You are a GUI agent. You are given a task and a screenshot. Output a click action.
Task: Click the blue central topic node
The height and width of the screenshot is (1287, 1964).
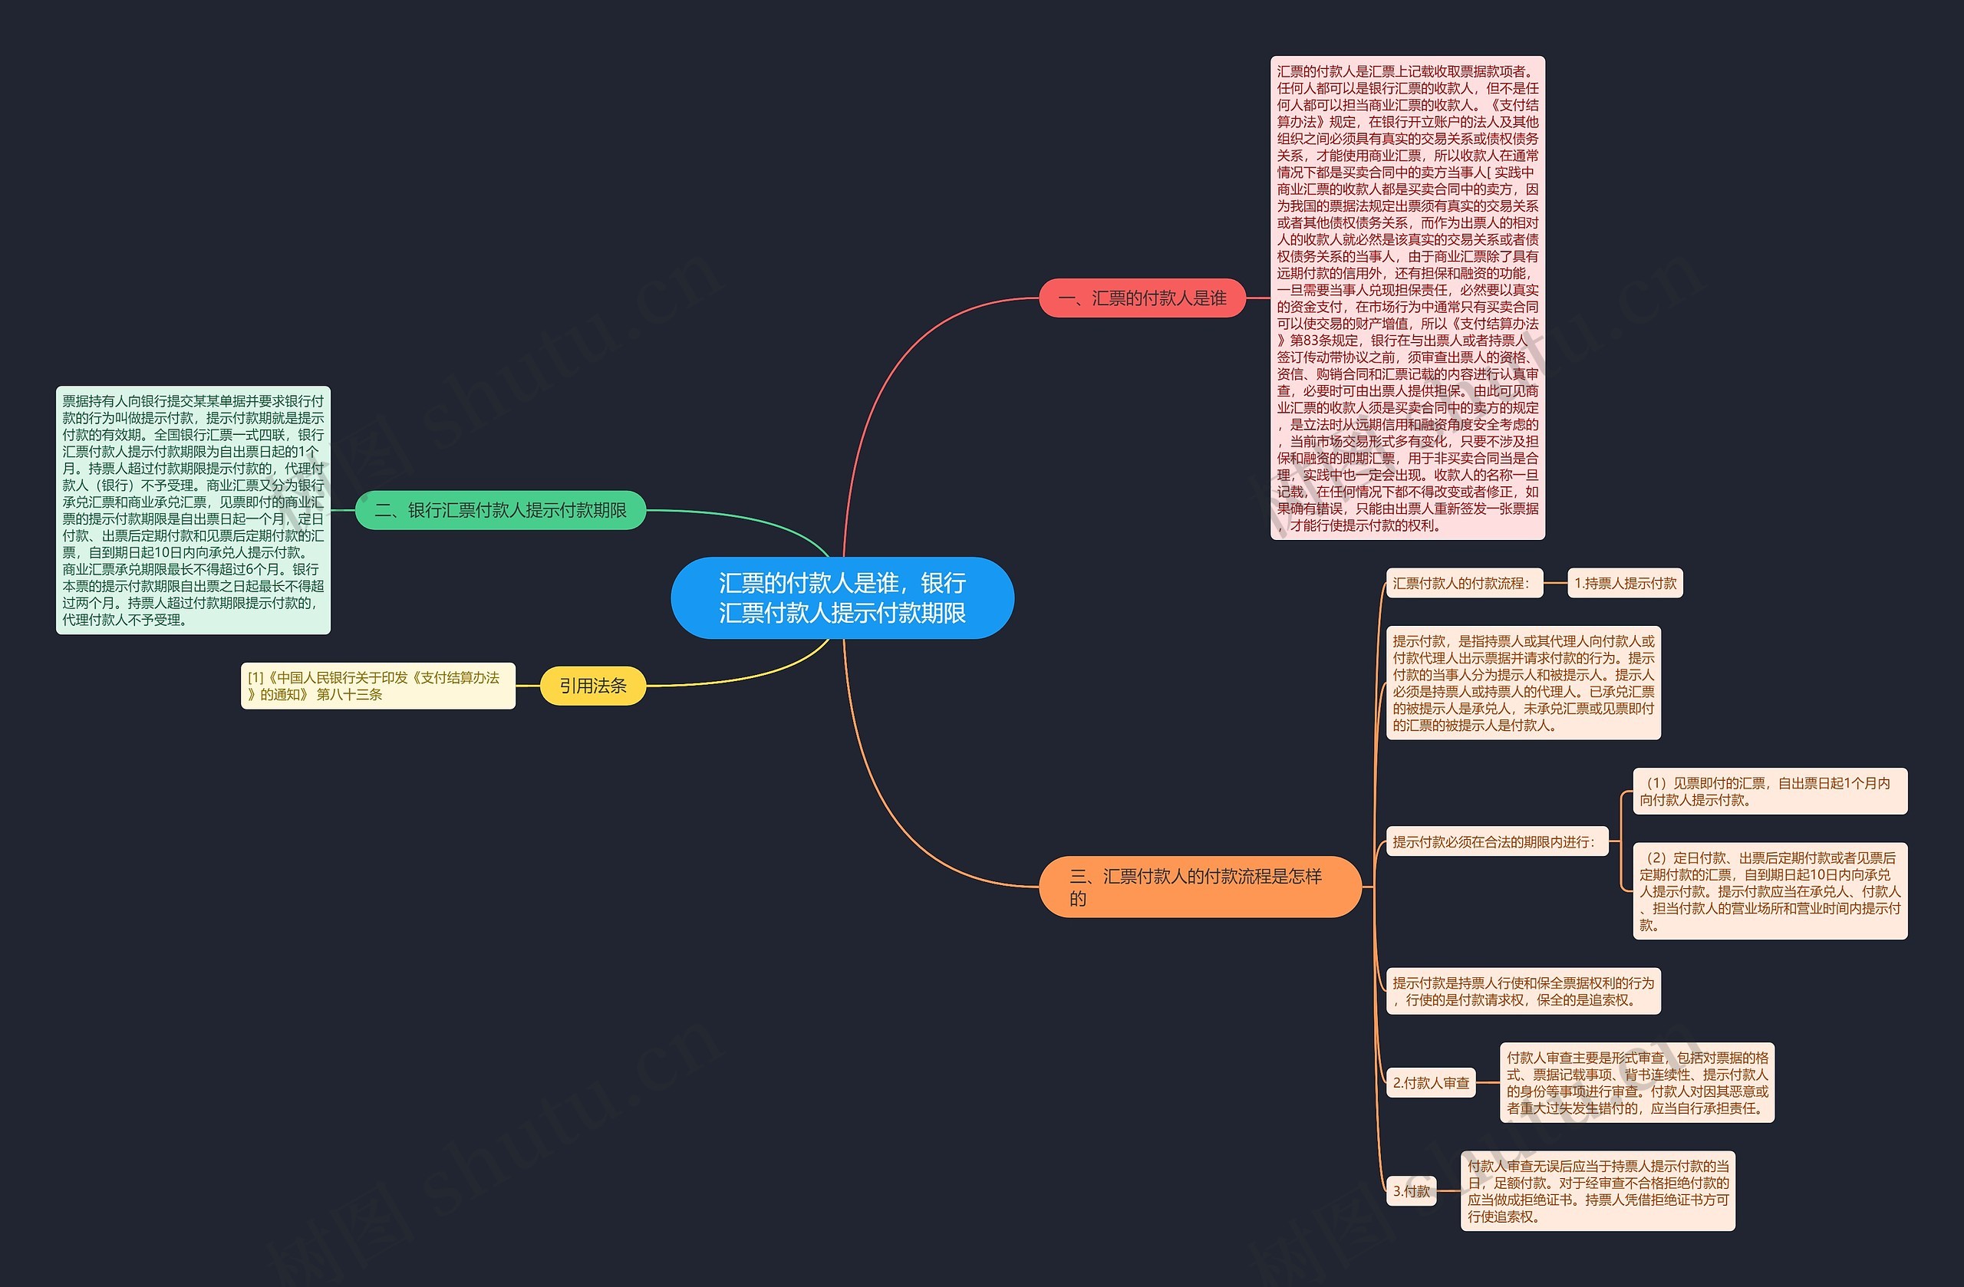tap(842, 598)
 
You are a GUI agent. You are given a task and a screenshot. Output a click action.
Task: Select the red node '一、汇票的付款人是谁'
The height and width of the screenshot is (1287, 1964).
tap(1142, 298)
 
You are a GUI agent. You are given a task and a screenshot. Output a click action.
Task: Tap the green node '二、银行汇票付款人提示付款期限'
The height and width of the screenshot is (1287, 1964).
tap(500, 510)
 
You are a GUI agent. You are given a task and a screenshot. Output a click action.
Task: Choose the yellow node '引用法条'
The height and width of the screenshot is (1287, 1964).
tap(592, 686)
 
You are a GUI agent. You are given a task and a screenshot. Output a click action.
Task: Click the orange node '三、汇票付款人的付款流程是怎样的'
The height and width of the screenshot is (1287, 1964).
tap(1199, 887)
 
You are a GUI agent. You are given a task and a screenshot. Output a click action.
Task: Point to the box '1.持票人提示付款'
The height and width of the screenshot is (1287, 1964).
tap(1625, 583)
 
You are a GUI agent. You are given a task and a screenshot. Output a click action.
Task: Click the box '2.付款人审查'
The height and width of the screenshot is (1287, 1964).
tap(1430, 1082)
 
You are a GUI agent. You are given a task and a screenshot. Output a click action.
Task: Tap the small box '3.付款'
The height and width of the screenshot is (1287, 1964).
tap(1411, 1190)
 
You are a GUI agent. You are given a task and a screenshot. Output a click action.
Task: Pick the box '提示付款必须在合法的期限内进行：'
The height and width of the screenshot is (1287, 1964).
tap(1497, 841)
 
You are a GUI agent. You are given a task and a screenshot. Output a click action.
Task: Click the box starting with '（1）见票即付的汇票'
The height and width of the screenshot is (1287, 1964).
tap(1769, 792)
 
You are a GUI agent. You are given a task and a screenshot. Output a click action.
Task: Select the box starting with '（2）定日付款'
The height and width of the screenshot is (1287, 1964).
tap(1769, 891)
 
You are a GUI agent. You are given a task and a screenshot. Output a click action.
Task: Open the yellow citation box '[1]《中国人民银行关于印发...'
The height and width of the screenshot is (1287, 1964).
tap(378, 686)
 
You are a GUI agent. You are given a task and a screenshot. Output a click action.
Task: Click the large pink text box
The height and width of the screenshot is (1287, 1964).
tap(1407, 298)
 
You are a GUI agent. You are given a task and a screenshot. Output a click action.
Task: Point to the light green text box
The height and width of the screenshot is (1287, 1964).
tap(193, 510)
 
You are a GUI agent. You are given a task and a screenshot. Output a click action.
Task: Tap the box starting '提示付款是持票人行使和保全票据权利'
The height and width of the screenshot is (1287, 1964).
tap(1523, 991)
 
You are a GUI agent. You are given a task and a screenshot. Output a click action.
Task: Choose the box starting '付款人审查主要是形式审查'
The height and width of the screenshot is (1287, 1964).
tap(1636, 1082)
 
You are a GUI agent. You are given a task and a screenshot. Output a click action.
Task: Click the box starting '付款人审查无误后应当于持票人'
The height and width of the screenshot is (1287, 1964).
tap(1597, 1190)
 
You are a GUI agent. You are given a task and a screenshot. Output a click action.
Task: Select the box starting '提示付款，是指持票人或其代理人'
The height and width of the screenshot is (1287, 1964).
tap(1523, 683)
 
